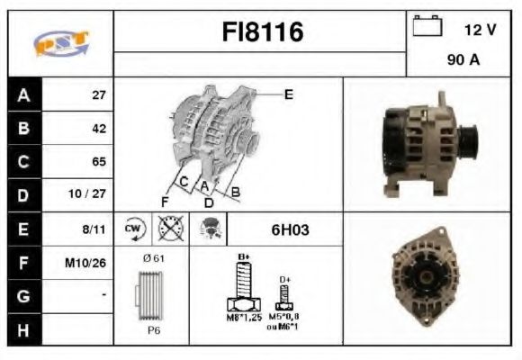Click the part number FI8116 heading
(263, 33)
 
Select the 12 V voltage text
(480, 30)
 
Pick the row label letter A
(23, 94)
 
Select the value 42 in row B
(99, 129)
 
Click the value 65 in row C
(99, 162)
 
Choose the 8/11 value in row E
(94, 229)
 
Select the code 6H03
(290, 229)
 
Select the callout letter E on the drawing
(288, 94)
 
